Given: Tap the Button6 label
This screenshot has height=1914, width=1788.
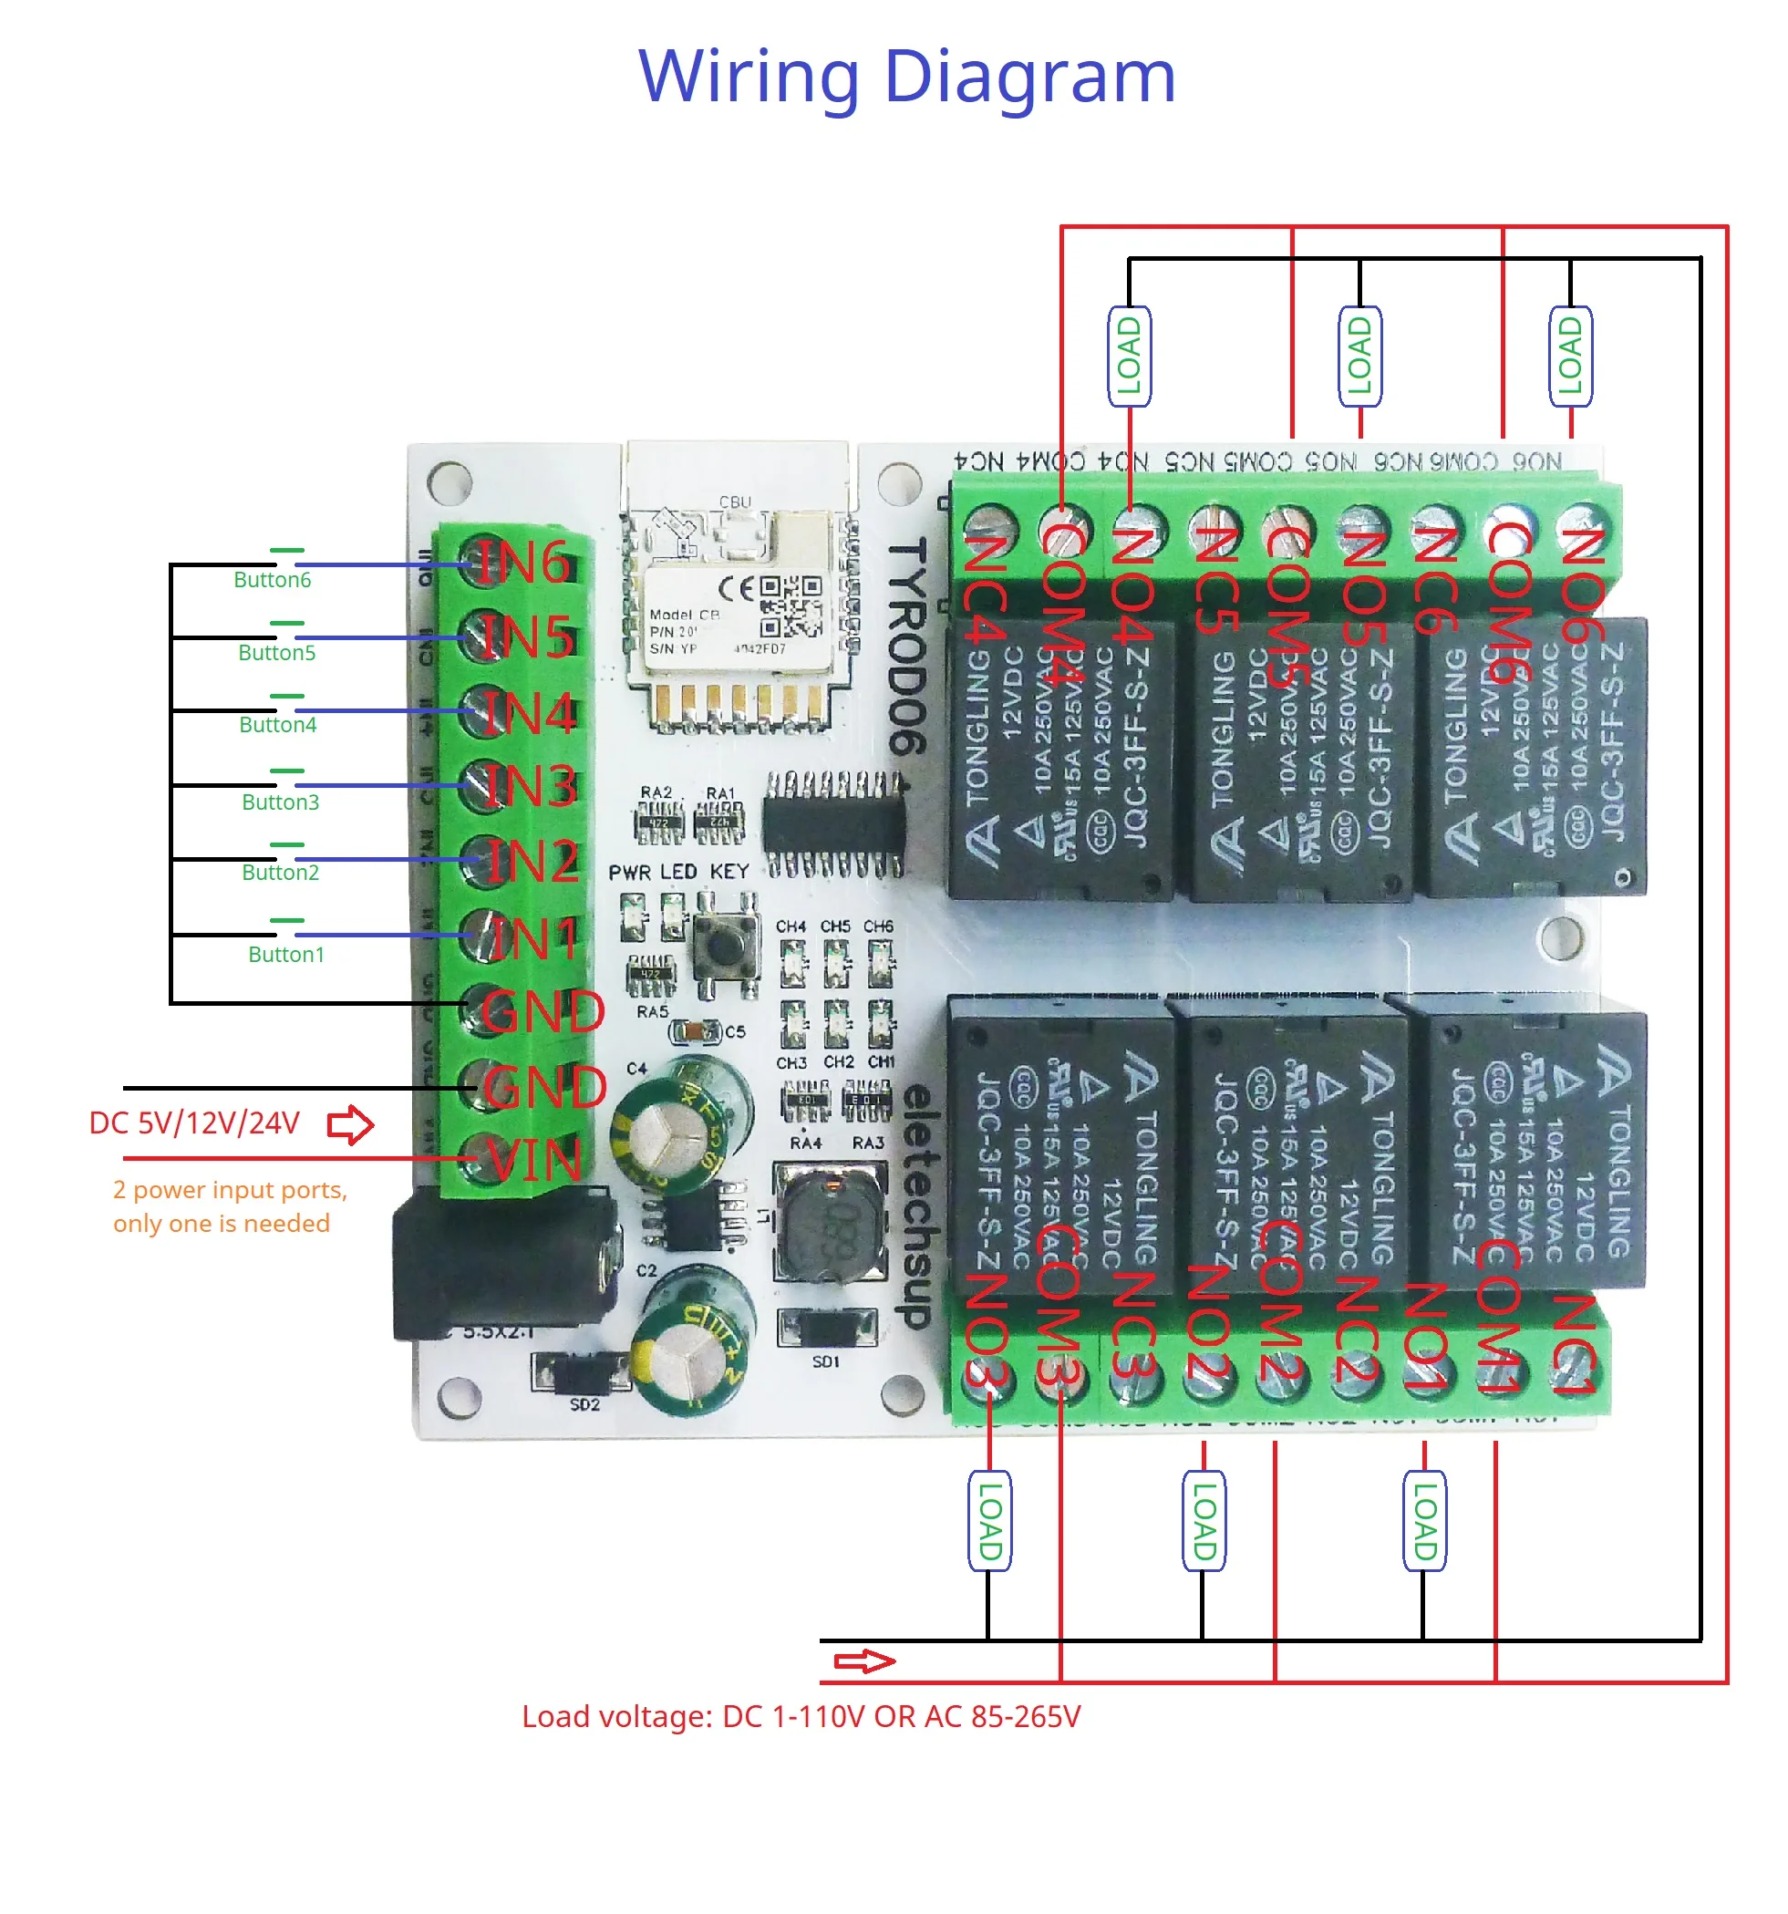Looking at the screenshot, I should pos(273,580).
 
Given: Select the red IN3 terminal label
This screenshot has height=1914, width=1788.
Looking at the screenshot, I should pos(532,787).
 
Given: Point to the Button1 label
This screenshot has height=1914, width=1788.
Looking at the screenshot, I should pos(286,954).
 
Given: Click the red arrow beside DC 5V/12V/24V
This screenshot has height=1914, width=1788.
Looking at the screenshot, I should pos(350,1124).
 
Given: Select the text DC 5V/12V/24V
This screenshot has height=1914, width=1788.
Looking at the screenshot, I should pos(194,1123).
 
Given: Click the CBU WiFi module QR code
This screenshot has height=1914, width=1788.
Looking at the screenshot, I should pos(791,606).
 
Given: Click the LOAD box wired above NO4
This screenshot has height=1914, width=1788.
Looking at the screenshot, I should pos(1129,357).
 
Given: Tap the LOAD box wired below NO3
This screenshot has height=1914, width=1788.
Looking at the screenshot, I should pos(989,1522).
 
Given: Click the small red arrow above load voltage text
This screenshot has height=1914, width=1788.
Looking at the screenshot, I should pos(863,1661).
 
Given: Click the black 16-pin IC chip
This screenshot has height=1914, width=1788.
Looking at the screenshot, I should pos(833,824).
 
